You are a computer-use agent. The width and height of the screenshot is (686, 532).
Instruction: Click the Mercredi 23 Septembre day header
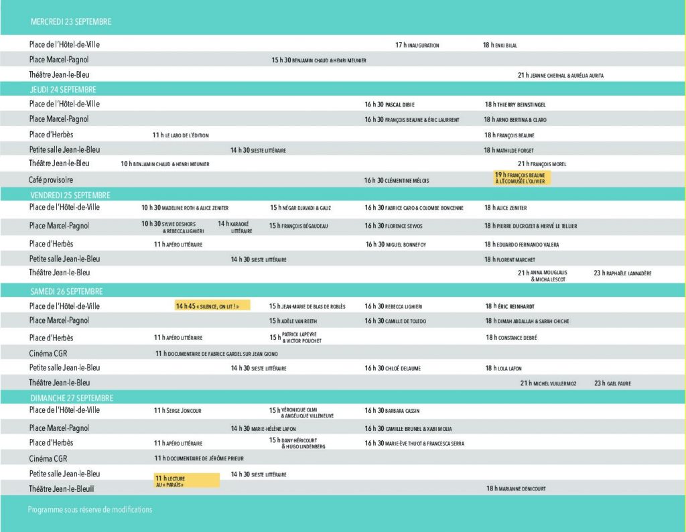coord(71,22)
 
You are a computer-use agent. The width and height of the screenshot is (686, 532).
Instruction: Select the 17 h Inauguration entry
coord(417,46)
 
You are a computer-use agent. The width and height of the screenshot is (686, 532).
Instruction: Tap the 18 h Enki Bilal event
coord(500,46)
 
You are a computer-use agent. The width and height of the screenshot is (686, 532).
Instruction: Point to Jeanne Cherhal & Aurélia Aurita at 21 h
coord(560,76)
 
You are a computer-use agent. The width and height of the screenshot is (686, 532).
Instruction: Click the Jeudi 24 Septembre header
coord(63,90)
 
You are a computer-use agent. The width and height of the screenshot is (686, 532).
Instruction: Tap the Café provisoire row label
coord(51,180)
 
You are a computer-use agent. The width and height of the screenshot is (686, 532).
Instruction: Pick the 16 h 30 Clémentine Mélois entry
coord(397,180)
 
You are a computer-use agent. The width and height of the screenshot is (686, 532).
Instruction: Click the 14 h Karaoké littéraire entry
coord(235,227)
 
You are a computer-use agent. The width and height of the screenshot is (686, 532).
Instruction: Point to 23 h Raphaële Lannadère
coord(622,273)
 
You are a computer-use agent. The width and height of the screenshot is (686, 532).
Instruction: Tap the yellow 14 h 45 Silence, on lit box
coord(212,306)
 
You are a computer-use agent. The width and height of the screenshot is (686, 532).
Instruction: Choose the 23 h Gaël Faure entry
coord(612,383)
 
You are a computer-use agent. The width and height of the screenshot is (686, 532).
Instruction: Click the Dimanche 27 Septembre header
coord(72,398)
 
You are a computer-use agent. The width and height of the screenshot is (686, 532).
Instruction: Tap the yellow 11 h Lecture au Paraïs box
coord(187,480)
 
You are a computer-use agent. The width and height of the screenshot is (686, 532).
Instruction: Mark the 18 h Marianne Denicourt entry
coord(516,489)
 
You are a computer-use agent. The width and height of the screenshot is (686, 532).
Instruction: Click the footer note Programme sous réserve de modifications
coord(90,510)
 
